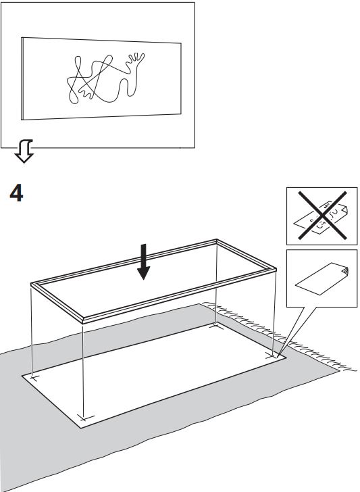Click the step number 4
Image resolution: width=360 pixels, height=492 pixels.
pos(16,193)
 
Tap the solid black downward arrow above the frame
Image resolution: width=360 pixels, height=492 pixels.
pos(144,262)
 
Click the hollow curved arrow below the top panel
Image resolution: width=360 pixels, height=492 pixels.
pos(24,151)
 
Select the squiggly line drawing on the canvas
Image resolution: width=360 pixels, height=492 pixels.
pos(105,78)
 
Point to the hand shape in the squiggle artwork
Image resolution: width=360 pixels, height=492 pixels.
pos(135,60)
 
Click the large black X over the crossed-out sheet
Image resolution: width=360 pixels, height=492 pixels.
pos(322,215)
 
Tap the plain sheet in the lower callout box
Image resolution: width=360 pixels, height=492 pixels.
pos(322,279)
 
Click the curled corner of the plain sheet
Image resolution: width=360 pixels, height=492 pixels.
pos(345,271)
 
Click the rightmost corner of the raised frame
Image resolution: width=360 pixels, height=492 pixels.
pos(276,269)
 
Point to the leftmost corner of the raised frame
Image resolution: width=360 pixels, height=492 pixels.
pos(31,285)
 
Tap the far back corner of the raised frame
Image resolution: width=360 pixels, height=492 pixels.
pos(216,240)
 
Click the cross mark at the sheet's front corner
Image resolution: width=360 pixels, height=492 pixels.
pos(84,418)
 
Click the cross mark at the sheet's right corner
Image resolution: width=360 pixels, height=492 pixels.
pos(272,355)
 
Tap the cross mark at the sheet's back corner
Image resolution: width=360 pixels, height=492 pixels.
pos(215,326)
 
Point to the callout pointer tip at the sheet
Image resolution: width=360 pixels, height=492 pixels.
pos(278,357)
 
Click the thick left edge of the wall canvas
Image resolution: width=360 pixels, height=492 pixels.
pos(22,79)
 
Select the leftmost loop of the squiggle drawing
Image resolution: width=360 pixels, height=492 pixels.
pos(73,92)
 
